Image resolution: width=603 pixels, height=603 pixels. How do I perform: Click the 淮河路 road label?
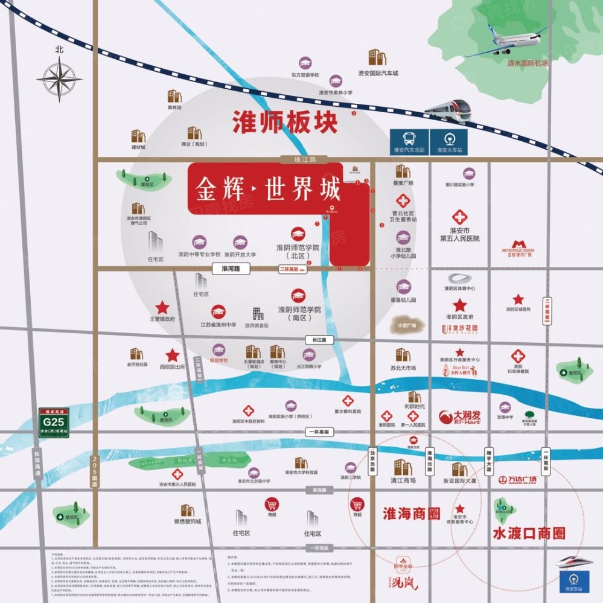(x=231, y=270)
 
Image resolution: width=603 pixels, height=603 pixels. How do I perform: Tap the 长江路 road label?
(x=319, y=340)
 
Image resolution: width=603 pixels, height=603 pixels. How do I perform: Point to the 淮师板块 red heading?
(x=285, y=123)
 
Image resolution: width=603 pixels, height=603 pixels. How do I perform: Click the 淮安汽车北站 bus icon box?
(x=409, y=142)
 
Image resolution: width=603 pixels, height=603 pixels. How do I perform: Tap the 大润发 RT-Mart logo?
(x=461, y=416)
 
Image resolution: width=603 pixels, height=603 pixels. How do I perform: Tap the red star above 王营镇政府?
(x=162, y=308)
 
